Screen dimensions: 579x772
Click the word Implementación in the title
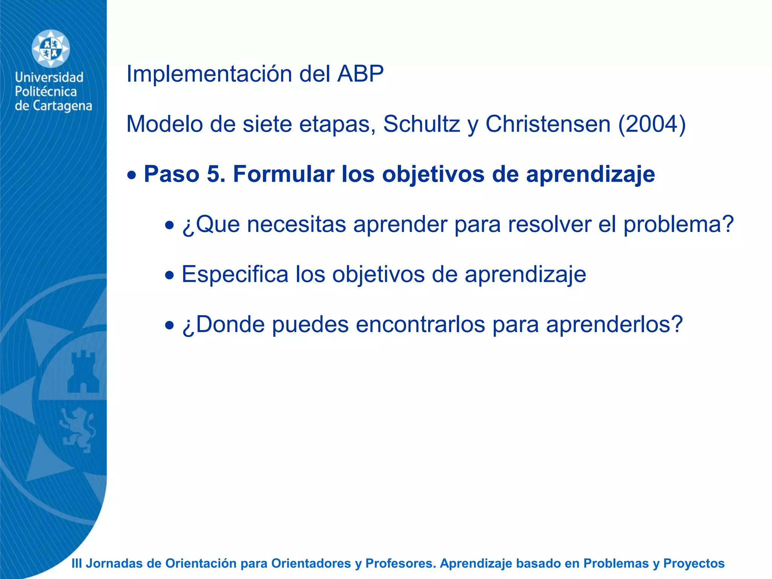[209, 74]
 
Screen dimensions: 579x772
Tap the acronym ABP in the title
[360, 74]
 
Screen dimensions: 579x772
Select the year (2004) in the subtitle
[652, 124]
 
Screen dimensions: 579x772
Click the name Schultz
[421, 124]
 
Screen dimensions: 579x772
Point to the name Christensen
[548, 124]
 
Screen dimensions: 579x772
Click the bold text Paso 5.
[185, 174]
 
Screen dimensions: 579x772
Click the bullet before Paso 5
[132, 176]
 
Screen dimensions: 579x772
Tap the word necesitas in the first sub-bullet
[297, 224]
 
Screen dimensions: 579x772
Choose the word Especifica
[235, 274]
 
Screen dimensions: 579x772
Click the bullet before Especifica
[170, 276]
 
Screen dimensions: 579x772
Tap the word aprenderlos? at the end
[614, 325]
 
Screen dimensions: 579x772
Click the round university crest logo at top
[51, 49]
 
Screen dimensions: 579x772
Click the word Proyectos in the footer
[694, 564]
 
